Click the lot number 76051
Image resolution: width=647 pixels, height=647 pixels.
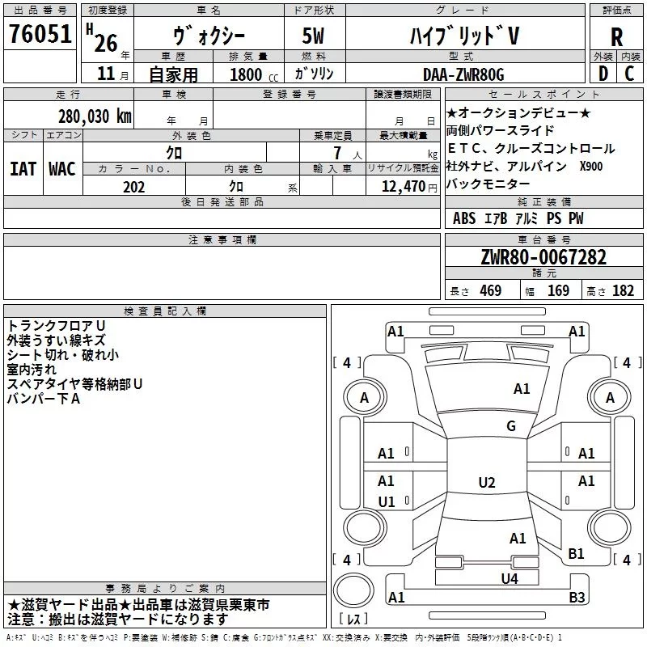pos(40,33)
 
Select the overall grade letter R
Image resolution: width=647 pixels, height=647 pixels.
pos(616,37)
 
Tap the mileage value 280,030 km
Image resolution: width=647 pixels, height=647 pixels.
pos(95,116)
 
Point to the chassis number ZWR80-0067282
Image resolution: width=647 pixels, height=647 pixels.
pos(543,257)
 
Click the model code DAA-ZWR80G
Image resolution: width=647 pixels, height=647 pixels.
pos(463,74)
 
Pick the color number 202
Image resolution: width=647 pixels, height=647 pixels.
pos(133,187)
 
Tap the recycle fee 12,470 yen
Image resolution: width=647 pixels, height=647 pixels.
pos(409,187)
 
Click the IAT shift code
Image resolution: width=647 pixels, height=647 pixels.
pos(23,169)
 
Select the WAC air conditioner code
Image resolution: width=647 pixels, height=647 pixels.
pos(62,169)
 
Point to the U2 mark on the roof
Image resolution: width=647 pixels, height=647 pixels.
pos(487,482)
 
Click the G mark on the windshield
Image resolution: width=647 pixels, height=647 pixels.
pos(511,425)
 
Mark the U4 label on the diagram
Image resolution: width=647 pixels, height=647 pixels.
pos(510,579)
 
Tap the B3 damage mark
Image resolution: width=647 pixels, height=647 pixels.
pos(577,597)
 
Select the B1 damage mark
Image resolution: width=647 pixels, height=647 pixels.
pos(576,553)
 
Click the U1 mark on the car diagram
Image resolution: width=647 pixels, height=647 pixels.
pos(387,501)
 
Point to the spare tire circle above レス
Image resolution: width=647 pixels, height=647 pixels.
pos(353,590)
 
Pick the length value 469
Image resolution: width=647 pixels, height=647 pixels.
pos(491,290)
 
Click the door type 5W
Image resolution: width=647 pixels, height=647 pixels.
pos(313,36)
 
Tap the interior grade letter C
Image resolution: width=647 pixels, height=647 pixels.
pos(629,74)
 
